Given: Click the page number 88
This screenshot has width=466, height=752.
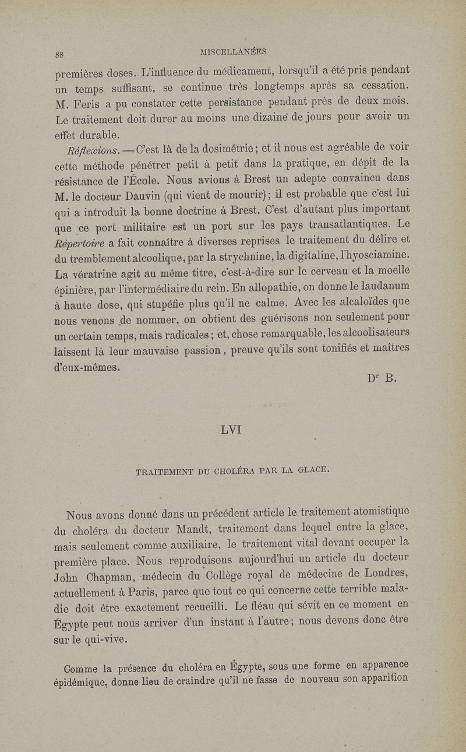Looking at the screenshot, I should coord(59,55).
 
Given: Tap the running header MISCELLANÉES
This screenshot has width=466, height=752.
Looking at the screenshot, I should coord(233,52).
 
